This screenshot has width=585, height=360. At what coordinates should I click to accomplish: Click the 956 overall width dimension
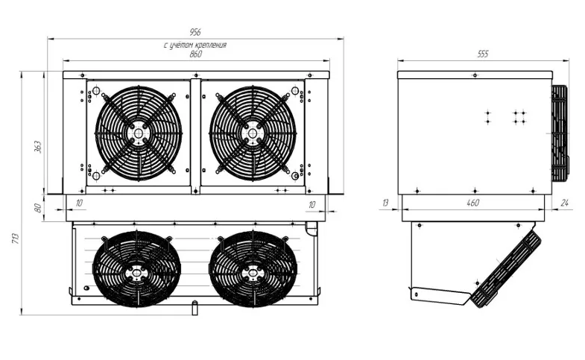tap(195, 32)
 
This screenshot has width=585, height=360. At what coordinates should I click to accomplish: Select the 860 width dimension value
tap(195, 54)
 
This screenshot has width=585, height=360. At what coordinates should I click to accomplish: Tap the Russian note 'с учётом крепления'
tap(195, 45)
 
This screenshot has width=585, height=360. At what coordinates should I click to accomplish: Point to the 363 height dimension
tap(38, 147)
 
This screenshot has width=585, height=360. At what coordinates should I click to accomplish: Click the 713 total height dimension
tap(16, 239)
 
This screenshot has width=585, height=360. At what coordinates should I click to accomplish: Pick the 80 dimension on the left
tap(38, 208)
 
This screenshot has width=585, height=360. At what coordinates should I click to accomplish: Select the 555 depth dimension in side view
tap(483, 54)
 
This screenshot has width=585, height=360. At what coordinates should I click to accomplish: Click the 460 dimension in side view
tap(472, 203)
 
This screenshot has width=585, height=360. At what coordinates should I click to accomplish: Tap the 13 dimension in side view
tap(385, 203)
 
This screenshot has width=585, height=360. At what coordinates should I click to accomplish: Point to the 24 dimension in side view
tap(565, 203)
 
